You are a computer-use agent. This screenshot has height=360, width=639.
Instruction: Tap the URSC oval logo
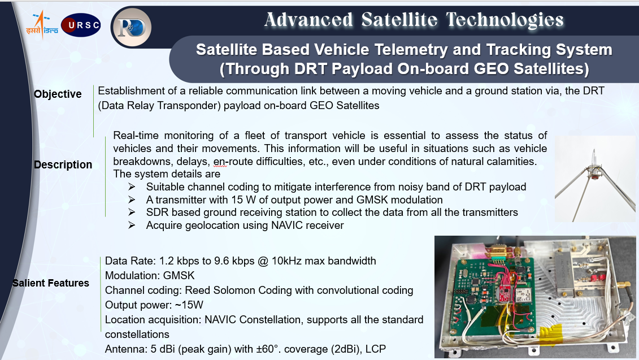(81, 25)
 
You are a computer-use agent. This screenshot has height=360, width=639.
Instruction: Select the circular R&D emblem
(131, 27)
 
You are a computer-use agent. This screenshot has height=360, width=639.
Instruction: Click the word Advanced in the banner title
(308, 20)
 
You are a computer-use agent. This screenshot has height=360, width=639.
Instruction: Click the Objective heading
(58, 94)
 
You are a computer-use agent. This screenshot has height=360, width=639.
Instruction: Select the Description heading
(63, 164)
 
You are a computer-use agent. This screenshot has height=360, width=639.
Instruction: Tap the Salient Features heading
(50, 283)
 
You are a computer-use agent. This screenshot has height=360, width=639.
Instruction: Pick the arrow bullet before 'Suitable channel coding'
(131, 186)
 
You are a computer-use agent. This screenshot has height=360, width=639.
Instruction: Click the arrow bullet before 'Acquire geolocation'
(131, 225)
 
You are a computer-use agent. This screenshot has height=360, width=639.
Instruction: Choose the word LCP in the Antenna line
(376, 349)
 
